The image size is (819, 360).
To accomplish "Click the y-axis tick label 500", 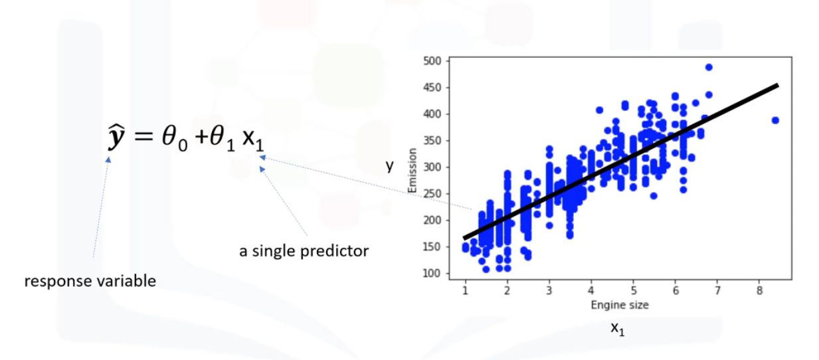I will (432, 61).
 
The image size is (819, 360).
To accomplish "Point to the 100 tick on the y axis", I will (432, 274).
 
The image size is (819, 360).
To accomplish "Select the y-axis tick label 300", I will (432, 167).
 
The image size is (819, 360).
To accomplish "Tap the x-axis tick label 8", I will (759, 290).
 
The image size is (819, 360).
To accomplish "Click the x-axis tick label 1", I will (465, 290).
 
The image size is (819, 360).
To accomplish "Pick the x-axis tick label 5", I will (633, 290).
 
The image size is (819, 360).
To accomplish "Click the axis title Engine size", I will (619, 305).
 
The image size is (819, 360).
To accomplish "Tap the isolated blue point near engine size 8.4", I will (775, 120).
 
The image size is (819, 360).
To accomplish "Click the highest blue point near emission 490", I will (709, 67).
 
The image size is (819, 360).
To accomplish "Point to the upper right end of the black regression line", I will (776, 85).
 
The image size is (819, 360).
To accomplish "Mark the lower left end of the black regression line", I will (465, 237).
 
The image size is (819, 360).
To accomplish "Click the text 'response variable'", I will (90, 281).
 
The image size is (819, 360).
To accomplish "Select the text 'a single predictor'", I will (304, 252).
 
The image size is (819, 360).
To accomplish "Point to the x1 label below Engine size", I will (618, 328).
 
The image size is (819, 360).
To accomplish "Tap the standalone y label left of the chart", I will (391, 167).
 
